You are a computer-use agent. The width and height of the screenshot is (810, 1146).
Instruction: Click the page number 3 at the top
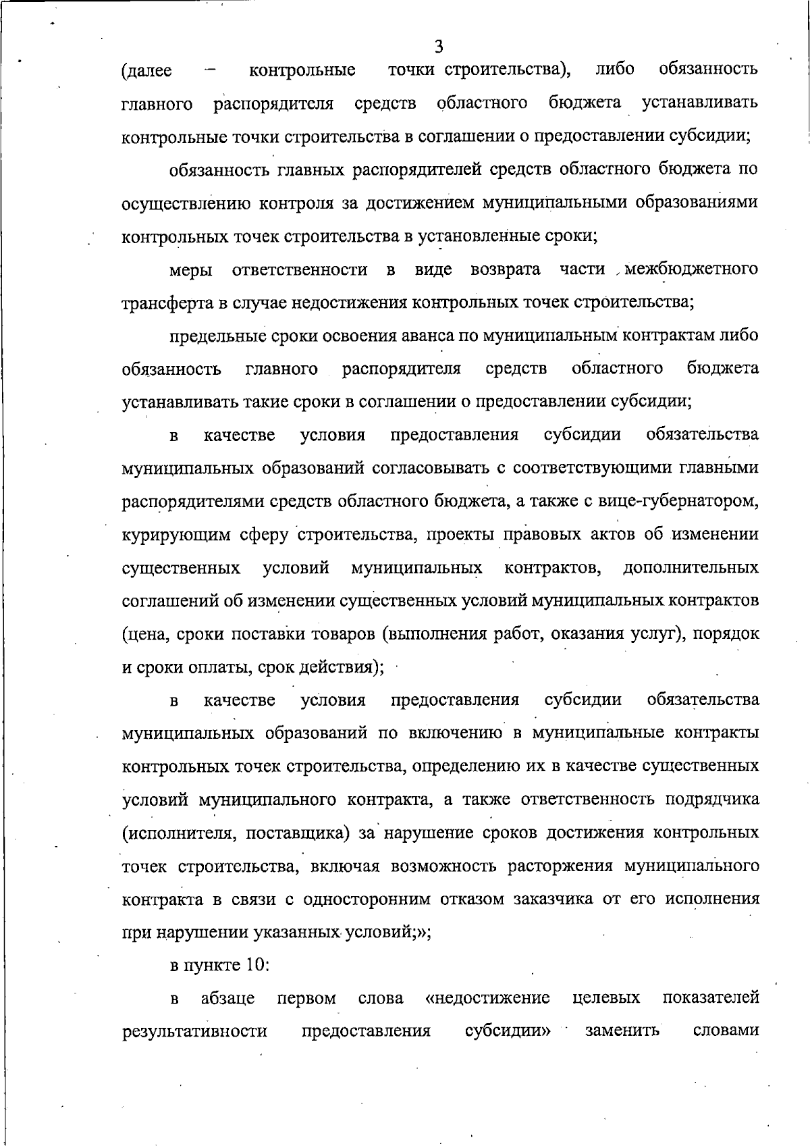pos(439,47)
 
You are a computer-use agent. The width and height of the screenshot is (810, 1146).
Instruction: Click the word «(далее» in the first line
pos(146,70)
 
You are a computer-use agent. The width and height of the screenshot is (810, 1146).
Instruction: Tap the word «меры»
pos(191,270)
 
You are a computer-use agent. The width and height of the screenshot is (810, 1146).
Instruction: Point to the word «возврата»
pos(506,269)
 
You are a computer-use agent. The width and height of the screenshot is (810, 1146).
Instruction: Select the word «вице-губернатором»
pos(682,501)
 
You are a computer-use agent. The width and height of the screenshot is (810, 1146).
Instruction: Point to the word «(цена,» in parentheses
pos(146,634)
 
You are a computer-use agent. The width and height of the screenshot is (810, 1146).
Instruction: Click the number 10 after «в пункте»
pos(257,964)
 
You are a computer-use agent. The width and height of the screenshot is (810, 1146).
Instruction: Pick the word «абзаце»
pos(228,998)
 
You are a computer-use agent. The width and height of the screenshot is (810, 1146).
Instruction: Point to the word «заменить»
pos(622,1031)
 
